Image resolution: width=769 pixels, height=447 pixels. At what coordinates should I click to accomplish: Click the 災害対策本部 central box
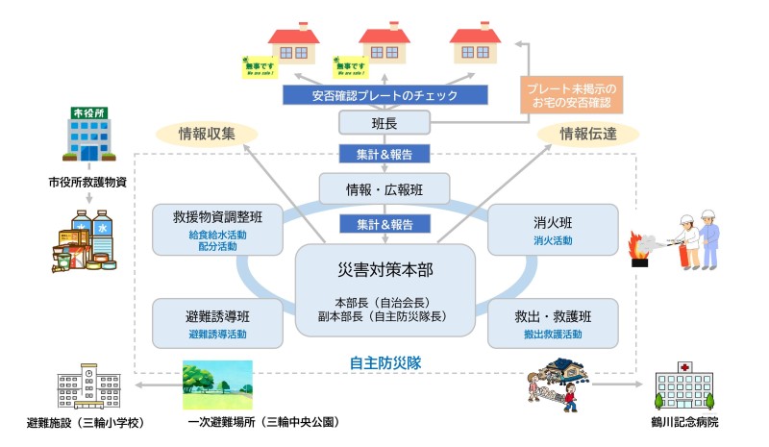coord(385,289)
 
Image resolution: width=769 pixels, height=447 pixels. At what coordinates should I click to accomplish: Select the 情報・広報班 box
coord(384,187)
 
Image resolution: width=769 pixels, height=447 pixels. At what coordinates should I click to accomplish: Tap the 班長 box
coord(384,122)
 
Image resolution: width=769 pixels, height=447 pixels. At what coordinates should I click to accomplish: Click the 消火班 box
coord(553,230)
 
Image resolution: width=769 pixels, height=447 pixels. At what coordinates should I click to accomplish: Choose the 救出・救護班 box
coord(553,322)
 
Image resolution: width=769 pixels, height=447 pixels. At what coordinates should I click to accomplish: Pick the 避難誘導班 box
coord(216,322)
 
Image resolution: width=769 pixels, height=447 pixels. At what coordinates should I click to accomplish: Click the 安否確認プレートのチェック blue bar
coord(384,95)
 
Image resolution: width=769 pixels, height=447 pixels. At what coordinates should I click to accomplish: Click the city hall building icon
coord(87,135)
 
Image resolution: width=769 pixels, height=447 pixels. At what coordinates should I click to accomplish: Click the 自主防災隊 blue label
coord(385,363)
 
